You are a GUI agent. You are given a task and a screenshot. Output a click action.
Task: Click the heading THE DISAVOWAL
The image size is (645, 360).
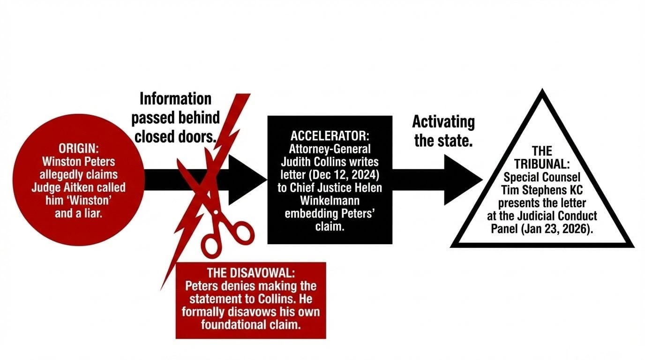(x=251, y=273)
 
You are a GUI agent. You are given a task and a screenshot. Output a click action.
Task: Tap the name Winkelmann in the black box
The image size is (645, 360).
(x=330, y=202)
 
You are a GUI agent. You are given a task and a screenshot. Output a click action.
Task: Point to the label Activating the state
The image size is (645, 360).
(x=443, y=131)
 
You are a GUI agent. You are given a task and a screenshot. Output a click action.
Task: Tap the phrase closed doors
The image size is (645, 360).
(x=175, y=137)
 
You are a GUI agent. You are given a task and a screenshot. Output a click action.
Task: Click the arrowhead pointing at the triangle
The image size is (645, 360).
(x=462, y=180)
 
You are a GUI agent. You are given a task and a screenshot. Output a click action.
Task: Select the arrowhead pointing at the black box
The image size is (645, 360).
(x=246, y=180)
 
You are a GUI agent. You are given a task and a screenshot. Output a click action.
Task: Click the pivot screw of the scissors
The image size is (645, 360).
(x=215, y=212)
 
